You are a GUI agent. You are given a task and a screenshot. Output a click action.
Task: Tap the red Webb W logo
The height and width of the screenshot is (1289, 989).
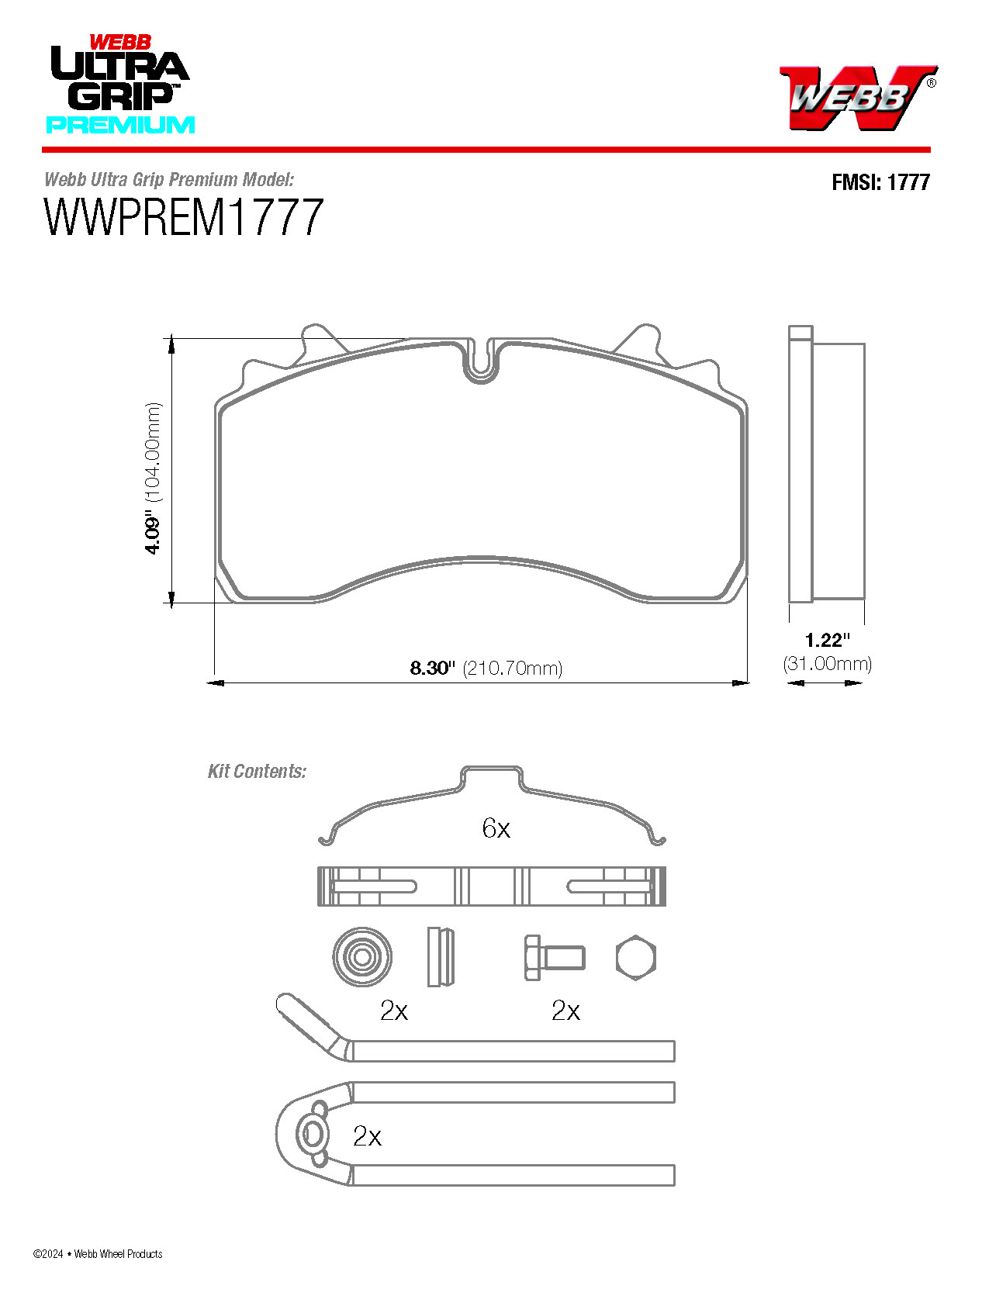coord(856,97)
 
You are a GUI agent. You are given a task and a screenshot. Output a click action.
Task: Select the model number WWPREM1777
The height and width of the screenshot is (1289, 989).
coord(183,218)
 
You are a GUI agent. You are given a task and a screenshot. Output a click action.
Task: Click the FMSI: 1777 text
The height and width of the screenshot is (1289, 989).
coord(880,182)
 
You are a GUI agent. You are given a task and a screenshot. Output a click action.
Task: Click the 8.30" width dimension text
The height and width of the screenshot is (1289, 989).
coord(431,668)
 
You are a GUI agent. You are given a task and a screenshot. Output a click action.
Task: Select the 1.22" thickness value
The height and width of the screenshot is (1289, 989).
coord(827,641)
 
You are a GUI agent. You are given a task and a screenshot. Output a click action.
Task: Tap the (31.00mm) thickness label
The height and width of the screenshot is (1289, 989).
coord(827,664)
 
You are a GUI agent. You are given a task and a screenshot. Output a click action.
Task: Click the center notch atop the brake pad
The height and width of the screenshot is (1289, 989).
coord(481,363)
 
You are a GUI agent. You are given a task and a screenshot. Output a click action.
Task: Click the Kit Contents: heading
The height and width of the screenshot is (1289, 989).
coord(257,772)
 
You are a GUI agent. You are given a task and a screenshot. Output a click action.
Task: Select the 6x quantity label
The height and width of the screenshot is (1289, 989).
coord(496,828)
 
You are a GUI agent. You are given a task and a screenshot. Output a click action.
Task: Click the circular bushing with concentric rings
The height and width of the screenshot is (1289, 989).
coord(361,957)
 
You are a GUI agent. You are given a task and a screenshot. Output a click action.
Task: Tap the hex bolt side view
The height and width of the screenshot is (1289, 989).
coord(553,958)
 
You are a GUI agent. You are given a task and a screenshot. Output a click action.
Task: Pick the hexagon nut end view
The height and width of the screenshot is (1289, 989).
coord(636,958)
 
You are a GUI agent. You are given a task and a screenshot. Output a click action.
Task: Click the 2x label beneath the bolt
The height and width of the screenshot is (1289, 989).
coord(565,1011)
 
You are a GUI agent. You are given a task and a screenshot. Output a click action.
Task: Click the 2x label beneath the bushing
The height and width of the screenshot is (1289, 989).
coord(394,1011)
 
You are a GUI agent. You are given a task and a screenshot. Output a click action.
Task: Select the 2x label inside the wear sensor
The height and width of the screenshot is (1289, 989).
coord(367,1136)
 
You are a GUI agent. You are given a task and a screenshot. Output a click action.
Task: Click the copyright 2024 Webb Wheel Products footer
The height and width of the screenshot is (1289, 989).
coord(98,1253)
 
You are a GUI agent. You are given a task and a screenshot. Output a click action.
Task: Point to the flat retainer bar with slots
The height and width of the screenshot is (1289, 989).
coord(492,886)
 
